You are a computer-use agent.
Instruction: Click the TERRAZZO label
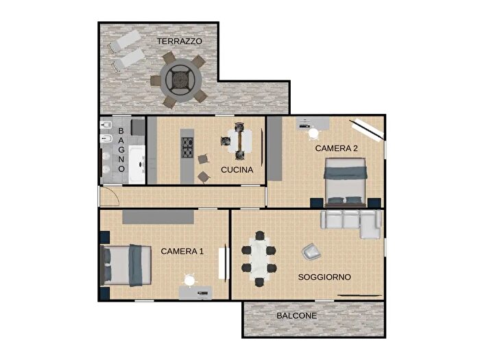180,41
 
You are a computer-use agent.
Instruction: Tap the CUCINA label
237,169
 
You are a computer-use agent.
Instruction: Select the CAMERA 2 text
337,147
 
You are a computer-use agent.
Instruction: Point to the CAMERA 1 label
182,252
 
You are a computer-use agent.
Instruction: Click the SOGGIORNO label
324,277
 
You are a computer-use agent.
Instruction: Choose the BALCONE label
296,316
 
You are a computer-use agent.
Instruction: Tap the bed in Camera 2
345,182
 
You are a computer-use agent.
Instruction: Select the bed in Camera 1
127,265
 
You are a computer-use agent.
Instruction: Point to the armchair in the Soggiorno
311,252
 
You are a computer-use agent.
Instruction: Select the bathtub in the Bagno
139,165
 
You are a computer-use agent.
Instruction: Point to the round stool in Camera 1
189,279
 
